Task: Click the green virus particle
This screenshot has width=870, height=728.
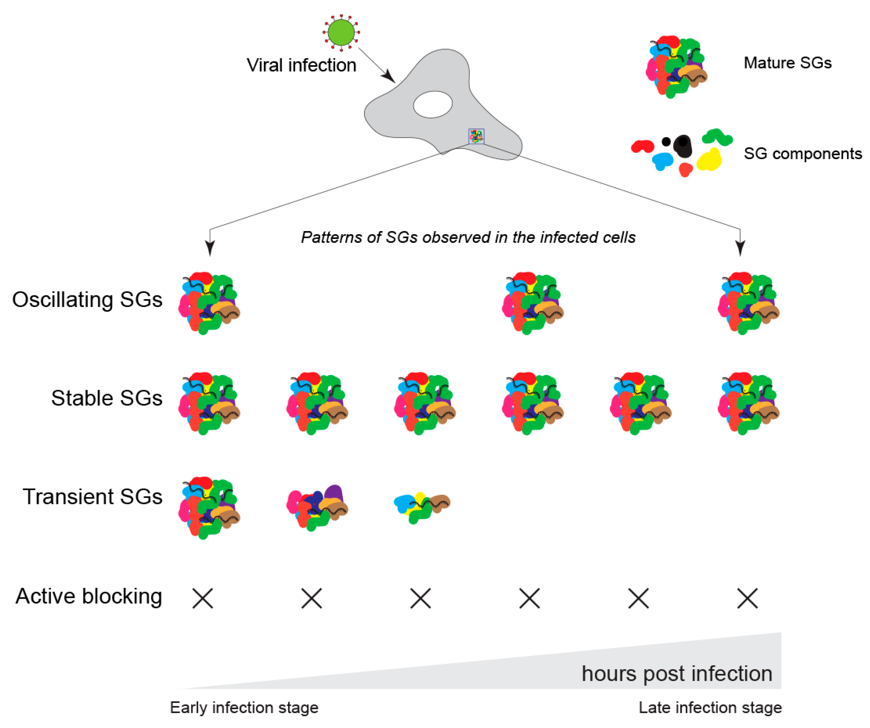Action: tap(341, 32)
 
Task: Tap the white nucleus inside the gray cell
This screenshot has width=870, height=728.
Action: tap(433, 104)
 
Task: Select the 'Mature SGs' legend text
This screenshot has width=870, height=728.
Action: tap(787, 63)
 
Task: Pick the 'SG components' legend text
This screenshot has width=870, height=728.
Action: tap(803, 154)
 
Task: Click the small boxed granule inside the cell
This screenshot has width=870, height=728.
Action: tap(476, 136)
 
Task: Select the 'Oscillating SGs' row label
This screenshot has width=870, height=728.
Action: tap(87, 300)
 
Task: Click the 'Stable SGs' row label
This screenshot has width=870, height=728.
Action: tap(107, 398)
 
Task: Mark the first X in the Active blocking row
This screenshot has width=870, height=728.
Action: tap(203, 599)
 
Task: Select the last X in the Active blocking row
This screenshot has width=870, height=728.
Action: tap(747, 599)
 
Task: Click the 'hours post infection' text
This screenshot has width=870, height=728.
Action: tap(677, 674)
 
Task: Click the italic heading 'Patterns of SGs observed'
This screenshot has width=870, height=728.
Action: tap(468, 238)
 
